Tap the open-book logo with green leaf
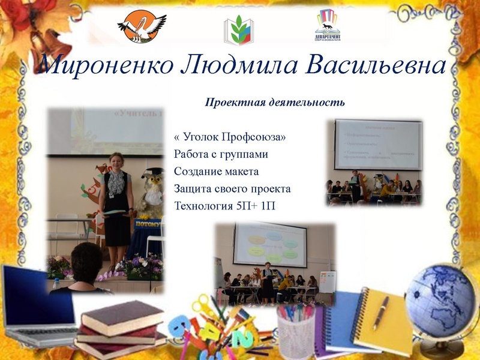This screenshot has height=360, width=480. [239, 29]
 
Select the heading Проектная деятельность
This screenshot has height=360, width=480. [275, 102]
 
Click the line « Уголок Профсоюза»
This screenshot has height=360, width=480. [229, 137]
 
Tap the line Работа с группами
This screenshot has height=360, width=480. [221, 155]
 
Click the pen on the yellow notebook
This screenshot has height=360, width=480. [380, 312]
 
